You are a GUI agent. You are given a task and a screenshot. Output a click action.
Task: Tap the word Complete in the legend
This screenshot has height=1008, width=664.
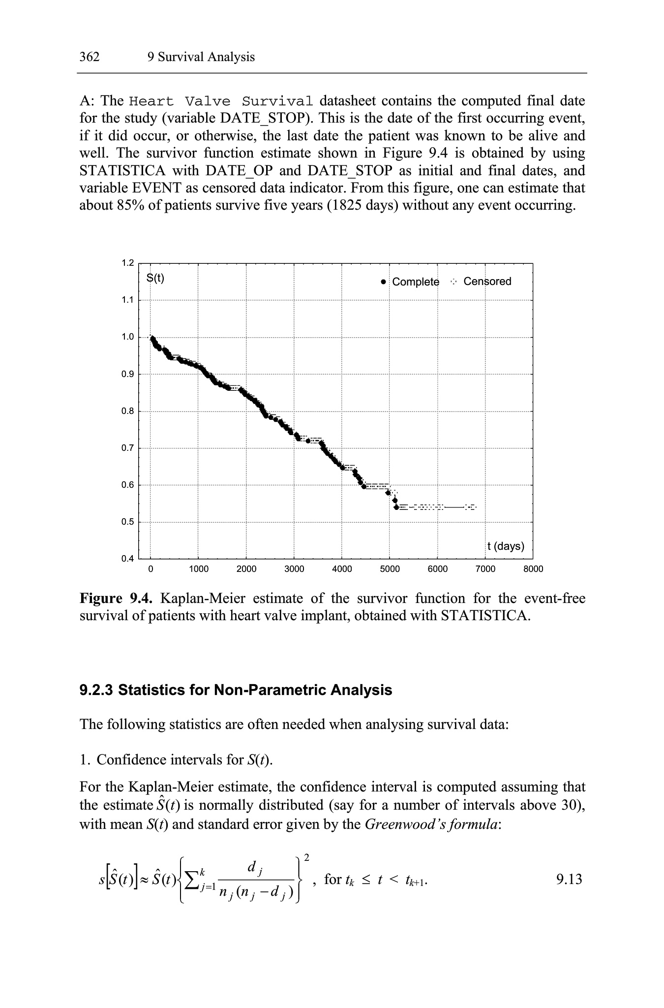click(x=416, y=282)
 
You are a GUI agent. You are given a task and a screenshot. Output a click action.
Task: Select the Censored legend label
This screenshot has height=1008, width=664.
click(x=487, y=282)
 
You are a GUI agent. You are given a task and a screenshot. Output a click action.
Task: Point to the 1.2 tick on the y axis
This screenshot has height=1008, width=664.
click(x=128, y=263)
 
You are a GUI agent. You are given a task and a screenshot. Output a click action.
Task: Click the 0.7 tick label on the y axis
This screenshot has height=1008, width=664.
click(x=128, y=448)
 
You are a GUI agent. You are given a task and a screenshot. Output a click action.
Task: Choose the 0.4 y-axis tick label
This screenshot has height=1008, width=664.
click(x=128, y=559)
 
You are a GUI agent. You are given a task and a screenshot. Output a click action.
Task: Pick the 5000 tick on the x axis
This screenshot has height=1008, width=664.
click(x=390, y=569)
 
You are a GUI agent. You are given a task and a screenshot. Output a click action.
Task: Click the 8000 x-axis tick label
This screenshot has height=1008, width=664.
click(x=533, y=569)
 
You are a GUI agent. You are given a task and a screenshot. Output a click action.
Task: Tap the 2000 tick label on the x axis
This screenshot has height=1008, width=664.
click(x=246, y=569)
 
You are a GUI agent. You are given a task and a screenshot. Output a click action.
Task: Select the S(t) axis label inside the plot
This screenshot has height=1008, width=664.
click(x=155, y=278)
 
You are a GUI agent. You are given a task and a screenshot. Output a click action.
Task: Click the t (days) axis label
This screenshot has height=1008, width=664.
click(x=506, y=546)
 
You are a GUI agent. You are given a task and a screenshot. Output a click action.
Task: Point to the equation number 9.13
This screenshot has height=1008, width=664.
click(x=569, y=879)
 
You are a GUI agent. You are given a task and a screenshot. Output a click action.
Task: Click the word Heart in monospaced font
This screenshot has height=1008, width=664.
click(x=151, y=101)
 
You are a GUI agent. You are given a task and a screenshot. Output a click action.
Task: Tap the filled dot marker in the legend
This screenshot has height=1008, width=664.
click(x=384, y=282)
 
